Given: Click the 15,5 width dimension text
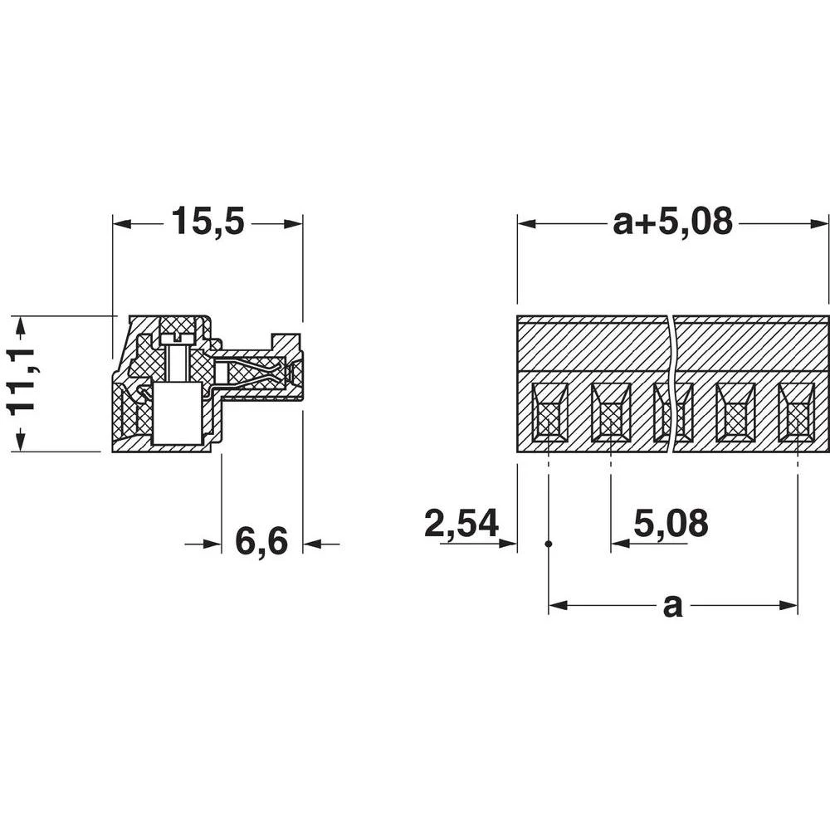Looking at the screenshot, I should point(207,222).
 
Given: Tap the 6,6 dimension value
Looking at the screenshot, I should point(261,543).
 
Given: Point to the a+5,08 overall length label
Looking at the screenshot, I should point(672,222).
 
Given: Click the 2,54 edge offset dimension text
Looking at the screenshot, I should point(461,525).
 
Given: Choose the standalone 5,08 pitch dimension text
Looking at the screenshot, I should point(671,525).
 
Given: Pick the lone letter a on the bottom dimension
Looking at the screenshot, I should point(672,606).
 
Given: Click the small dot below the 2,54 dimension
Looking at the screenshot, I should point(549,544).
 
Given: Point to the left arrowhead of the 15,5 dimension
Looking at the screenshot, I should point(121,224).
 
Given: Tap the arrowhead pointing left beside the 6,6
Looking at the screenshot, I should point(312,544).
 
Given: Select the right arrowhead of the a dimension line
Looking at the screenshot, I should point(789,606).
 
